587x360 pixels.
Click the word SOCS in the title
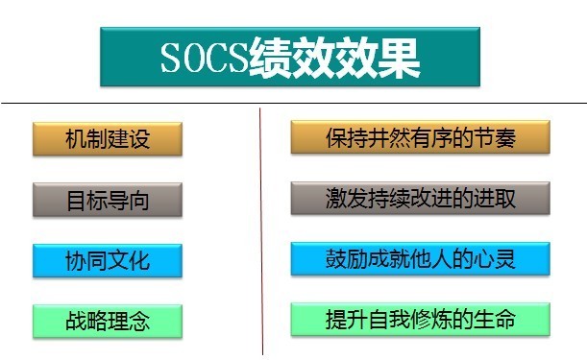(205, 58)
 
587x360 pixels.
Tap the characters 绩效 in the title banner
(292, 58)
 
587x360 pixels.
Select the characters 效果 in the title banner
(378, 58)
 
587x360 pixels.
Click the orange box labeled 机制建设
(108, 139)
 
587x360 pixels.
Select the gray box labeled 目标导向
(108, 200)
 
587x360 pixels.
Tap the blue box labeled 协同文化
(108, 261)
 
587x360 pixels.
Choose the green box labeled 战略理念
(108, 322)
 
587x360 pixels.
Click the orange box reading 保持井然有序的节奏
(421, 137)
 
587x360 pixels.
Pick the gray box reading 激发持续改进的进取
(421, 198)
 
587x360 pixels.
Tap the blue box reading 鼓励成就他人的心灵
(421, 259)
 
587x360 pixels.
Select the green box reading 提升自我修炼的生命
(421, 320)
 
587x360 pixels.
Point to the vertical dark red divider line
(261, 231)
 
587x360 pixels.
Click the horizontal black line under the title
(294, 103)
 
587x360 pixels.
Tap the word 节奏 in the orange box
(495, 137)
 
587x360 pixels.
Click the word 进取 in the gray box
(495, 199)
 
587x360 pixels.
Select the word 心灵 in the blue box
(495, 259)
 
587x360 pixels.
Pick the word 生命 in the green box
(495, 320)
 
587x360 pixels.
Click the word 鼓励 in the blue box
(347, 259)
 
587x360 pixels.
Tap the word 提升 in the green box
(347, 320)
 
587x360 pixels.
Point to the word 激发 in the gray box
(347, 199)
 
